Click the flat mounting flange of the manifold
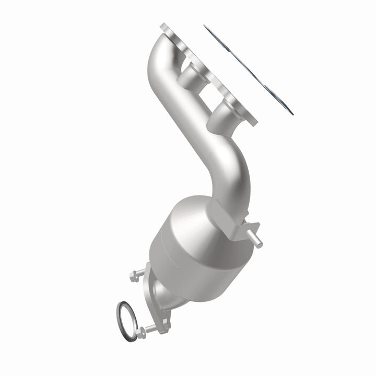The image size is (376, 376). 209,73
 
